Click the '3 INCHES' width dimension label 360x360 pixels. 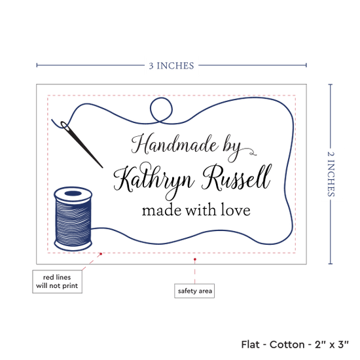(171, 65)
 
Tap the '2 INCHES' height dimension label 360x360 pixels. (331, 174)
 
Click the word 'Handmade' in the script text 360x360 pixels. (175, 145)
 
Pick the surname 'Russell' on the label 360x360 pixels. (236, 177)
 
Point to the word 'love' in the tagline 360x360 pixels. (236, 210)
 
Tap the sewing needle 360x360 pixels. (82, 145)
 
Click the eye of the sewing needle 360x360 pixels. (64, 125)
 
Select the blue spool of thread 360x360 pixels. (73, 219)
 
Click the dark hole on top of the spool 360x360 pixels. (73, 193)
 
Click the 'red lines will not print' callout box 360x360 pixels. (57, 281)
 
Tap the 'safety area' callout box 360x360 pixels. (194, 291)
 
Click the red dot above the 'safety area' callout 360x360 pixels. (195, 259)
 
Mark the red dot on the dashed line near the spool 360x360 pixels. (101, 254)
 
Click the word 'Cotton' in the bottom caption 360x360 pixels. (287, 344)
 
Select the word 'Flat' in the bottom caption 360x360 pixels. (250, 344)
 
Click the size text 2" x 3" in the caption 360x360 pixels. (332, 344)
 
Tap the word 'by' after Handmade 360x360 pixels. (232, 148)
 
